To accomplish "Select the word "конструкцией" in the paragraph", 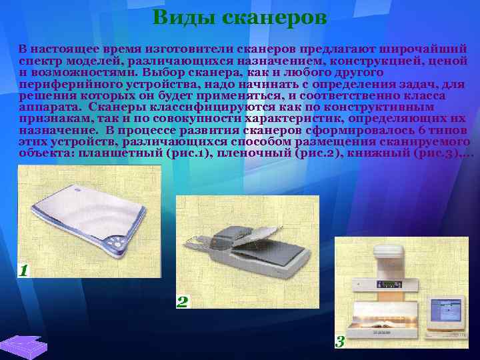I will pyautogui.click(x=371, y=60).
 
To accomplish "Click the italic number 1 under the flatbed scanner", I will pyautogui.click(x=24, y=270).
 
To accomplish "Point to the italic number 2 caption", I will pyautogui.click(x=182, y=301).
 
